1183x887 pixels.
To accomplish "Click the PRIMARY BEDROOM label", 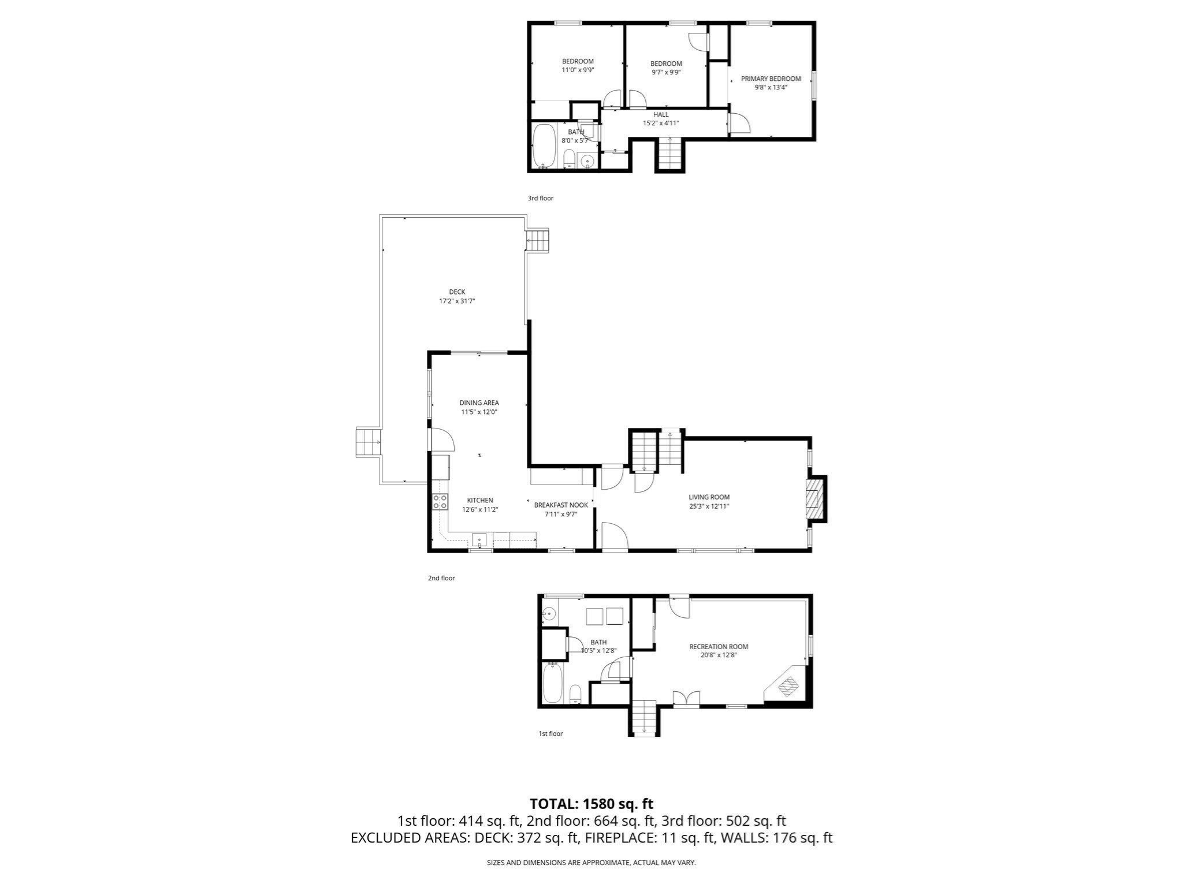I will (x=771, y=79).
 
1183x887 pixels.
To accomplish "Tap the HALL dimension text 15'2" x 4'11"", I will (x=661, y=123).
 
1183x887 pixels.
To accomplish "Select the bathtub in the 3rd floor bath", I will (x=543, y=146).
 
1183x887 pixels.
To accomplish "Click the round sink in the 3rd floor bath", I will (x=587, y=161).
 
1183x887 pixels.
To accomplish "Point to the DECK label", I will (x=457, y=292).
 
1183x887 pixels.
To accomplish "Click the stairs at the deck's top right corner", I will (x=538, y=240).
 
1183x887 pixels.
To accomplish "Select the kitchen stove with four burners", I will (x=440, y=502).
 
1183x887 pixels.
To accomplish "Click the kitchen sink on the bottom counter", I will (x=479, y=541).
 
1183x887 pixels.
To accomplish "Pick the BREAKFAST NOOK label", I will (x=560, y=505).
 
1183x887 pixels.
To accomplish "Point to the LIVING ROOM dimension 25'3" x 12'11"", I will (x=709, y=506).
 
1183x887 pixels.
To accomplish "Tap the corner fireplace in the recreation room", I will (x=787, y=687).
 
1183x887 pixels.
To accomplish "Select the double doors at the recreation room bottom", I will (x=686, y=698).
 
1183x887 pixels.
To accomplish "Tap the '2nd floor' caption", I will (x=441, y=578).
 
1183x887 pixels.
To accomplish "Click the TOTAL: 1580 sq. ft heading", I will (x=591, y=803).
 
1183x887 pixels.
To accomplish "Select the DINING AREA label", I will (x=479, y=402).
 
